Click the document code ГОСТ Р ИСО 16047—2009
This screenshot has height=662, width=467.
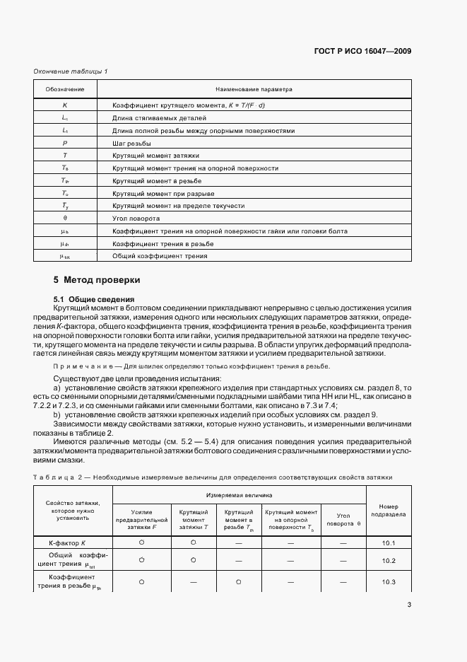coord(362,51)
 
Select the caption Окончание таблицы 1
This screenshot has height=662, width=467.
coord(71,71)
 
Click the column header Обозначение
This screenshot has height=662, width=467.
coord(65,90)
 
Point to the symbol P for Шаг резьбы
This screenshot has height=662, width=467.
coord(65,143)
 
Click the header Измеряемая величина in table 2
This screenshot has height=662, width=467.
coord(239,496)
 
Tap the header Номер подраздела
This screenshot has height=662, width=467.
coord(389,511)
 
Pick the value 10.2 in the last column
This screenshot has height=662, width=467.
coord(389,560)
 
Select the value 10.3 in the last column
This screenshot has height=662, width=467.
coord(389,581)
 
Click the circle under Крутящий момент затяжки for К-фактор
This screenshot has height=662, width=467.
coord(193,542)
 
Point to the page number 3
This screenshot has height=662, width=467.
coord(409,604)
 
